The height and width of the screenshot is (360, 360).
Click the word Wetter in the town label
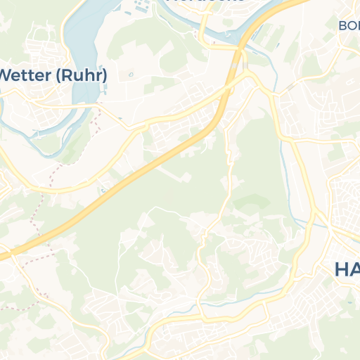25,75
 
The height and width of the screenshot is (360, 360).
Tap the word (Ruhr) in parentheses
82,75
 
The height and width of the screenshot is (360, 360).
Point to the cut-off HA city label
347,269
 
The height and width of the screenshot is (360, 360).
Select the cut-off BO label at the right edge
349,25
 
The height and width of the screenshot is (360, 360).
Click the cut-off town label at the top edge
205,1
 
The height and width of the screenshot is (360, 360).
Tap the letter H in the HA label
341,269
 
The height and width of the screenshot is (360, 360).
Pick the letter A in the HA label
354,269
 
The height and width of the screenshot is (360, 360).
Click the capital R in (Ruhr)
70,75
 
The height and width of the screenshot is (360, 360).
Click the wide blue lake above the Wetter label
88,35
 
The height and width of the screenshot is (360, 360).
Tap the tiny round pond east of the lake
131,75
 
